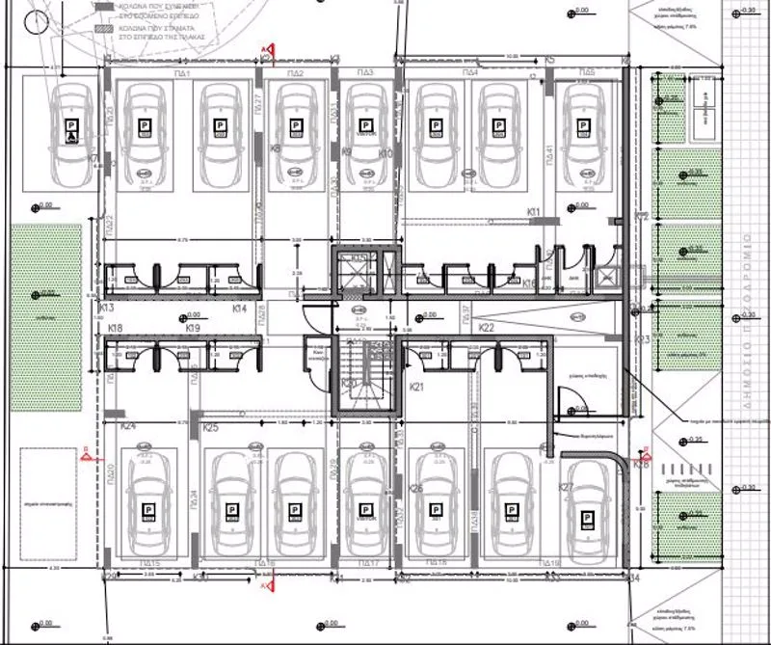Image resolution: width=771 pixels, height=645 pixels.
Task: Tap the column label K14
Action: (x=241, y=309)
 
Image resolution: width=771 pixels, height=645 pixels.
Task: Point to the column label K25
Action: (x=212, y=427)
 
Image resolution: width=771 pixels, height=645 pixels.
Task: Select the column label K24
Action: (x=128, y=426)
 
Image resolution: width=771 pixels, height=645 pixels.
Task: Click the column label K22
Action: (x=487, y=329)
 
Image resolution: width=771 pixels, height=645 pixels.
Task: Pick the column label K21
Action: (x=417, y=387)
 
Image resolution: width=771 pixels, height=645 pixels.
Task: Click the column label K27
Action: (x=567, y=487)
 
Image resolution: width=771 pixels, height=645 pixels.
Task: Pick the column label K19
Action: (x=192, y=329)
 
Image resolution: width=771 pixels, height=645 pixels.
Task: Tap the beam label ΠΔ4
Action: (x=470, y=74)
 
